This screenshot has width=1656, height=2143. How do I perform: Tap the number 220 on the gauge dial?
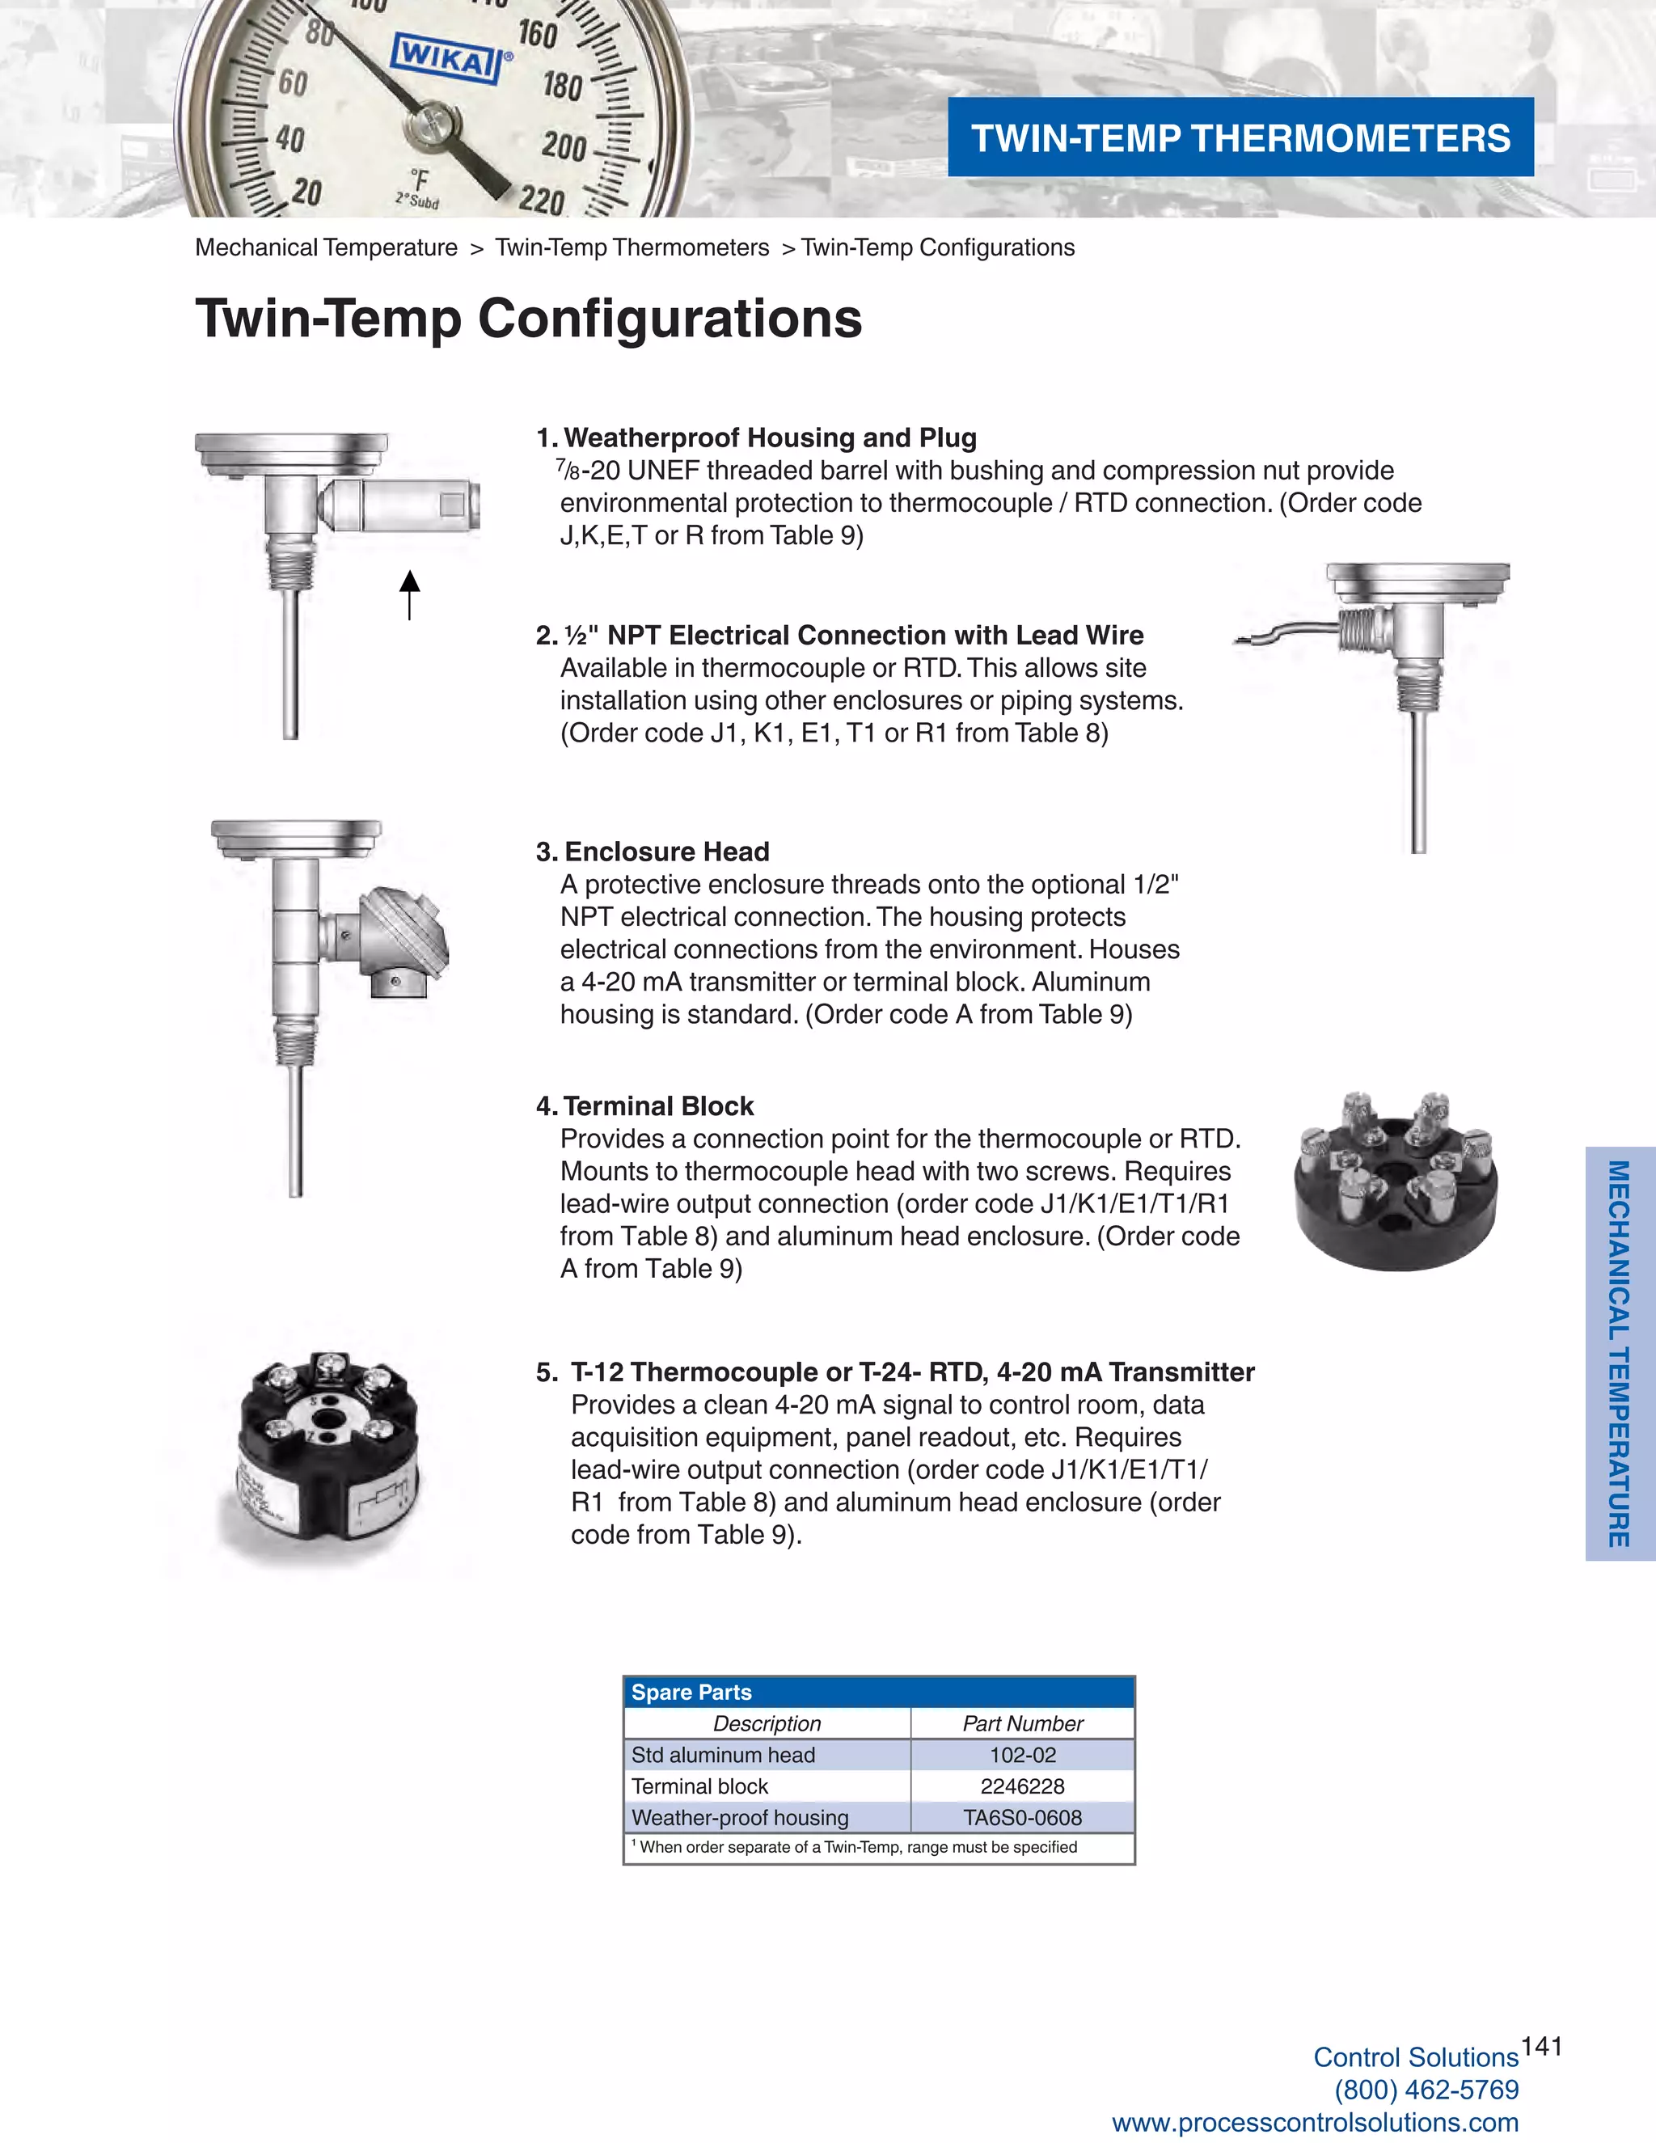click(x=542, y=201)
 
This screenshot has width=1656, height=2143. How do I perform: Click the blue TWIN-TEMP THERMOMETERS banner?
click(x=1240, y=137)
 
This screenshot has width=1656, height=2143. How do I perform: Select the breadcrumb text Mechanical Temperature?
click(x=326, y=247)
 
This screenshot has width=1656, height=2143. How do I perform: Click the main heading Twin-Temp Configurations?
click(x=529, y=319)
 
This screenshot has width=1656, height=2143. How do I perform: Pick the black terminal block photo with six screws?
click(x=1395, y=1181)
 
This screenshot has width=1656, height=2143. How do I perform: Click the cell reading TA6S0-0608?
click(x=1022, y=1818)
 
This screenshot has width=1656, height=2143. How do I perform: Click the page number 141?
click(x=1541, y=2046)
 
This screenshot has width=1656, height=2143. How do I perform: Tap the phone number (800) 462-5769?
click(x=1426, y=2090)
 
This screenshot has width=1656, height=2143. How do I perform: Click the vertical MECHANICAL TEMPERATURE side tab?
click(x=1619, y=1354)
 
